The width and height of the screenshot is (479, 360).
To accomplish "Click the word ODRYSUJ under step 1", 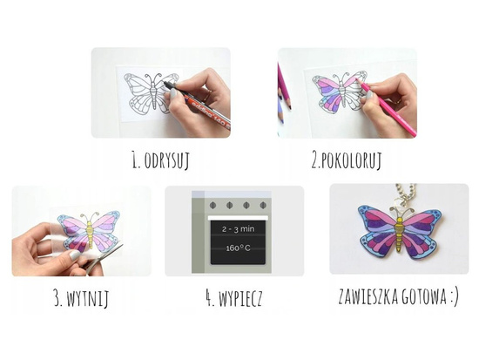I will click(x=169, y=160).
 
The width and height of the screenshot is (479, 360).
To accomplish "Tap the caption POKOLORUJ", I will click(x=354, y=160).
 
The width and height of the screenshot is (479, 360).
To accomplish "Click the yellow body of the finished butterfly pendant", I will click(x=399, y=230).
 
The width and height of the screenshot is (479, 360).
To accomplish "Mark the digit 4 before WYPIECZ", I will click(x=210, y=299).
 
